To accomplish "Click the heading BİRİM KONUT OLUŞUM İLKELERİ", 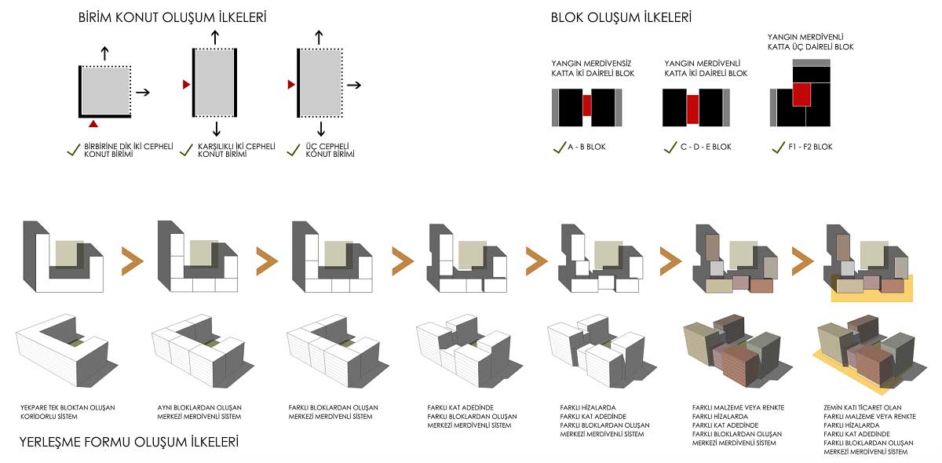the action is [x=173, y=18].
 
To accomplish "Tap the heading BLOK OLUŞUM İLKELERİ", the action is [x=621, y=18].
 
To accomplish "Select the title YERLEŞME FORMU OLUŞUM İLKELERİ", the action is [x=129, y=442].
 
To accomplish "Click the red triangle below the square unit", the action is [x=93, y=124].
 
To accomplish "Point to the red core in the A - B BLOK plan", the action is [x=586, y=106].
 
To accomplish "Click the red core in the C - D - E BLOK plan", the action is [x=692, y=109].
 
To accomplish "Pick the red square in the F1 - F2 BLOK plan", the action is [x=801, y=94].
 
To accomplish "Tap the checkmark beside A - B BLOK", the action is [x=559, y=148].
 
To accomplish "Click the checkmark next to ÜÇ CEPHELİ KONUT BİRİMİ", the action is [x=293, y=150].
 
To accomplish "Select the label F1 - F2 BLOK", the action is [x=810, y=147].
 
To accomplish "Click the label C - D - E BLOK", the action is [x=706, y=147].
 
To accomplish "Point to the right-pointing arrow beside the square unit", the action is [x=143, y=93].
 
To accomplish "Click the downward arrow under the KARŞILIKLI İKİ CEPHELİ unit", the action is [x=216, y=129].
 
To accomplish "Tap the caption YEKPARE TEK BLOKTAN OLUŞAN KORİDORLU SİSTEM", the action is [x=68, y=412].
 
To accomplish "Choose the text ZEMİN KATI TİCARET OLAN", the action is [x=863, y=407].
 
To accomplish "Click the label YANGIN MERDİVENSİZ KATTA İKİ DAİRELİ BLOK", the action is [x=593, y=68].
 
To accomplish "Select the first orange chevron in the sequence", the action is [x=132, y=261].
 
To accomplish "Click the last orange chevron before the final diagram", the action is [x=802, y=261].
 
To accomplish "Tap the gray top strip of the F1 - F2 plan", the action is [x=811, y=63].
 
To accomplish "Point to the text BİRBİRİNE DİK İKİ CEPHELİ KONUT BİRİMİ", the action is [x=128, y=150].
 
